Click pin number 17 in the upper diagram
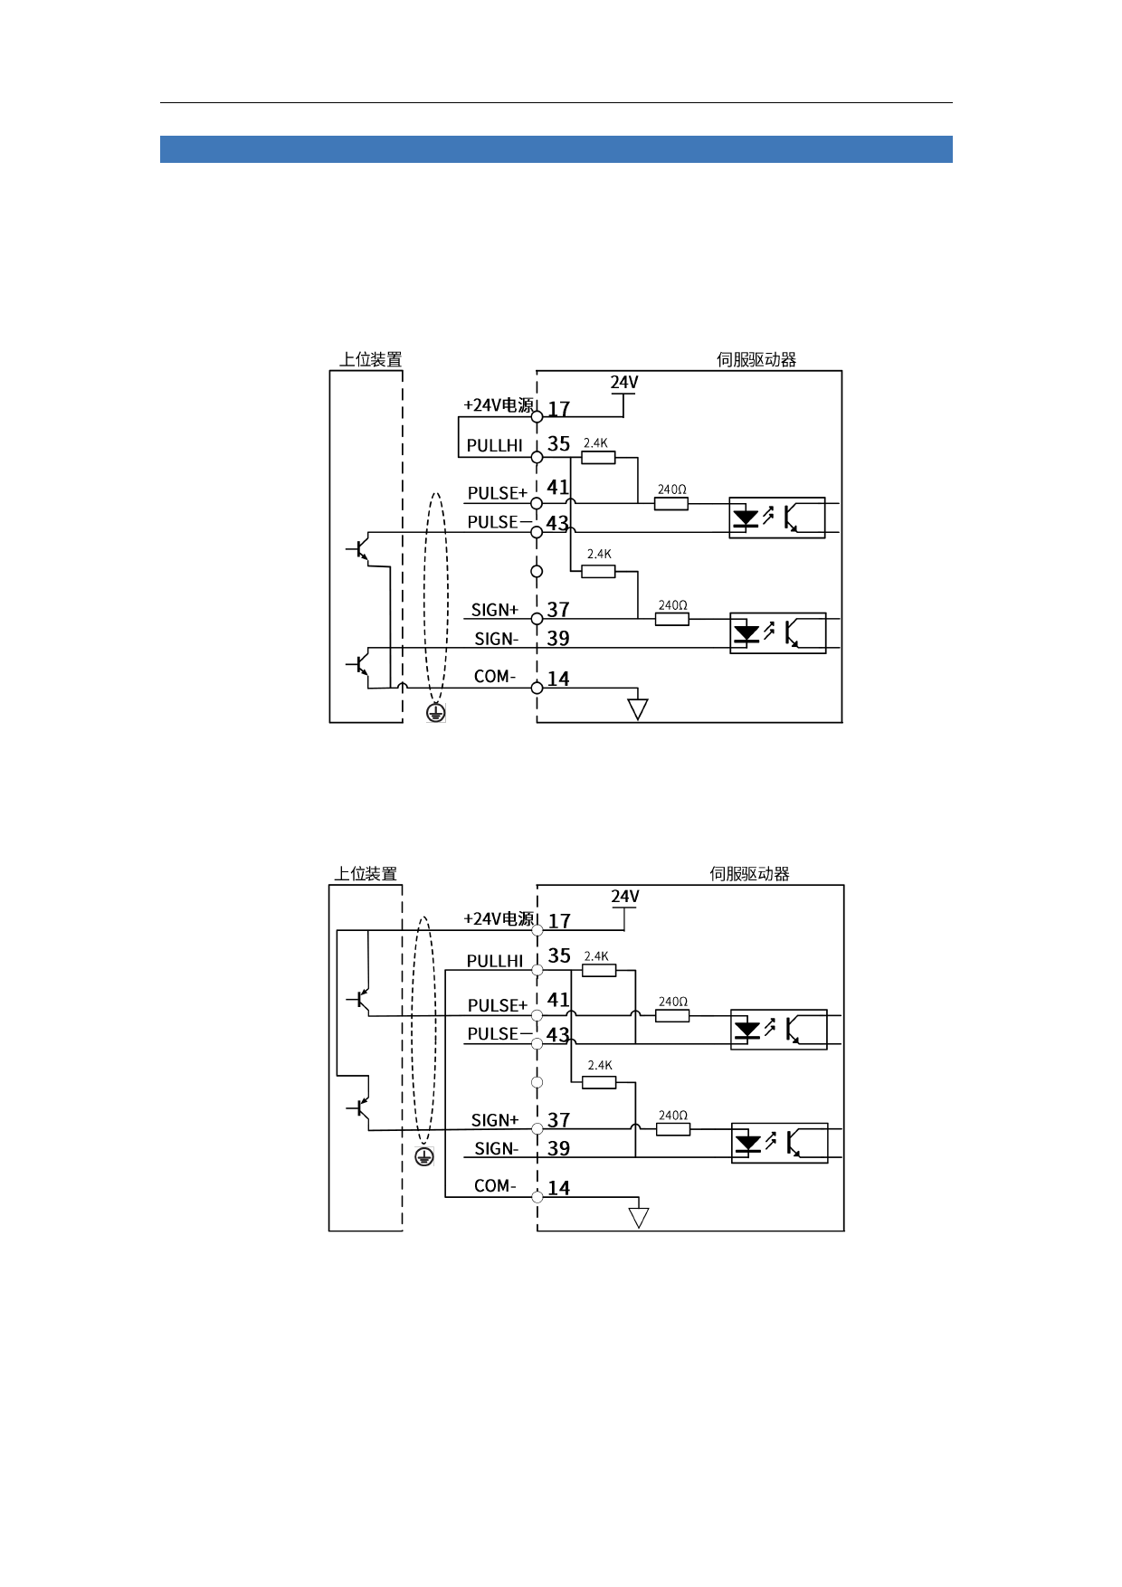559,409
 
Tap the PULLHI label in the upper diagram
494,446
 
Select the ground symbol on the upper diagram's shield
436,713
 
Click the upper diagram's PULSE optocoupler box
777,518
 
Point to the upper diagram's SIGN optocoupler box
778,633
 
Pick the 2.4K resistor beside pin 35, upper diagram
598,458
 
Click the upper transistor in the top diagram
359,549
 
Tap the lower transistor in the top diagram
359,665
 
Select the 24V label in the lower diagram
625,897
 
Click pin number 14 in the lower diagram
559,1188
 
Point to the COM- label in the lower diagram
495,1185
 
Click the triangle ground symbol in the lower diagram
639,1218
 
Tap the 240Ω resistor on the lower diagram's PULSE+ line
672,1016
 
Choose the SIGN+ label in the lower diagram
495,1120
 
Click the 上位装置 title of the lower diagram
366,874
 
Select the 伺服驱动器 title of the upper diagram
756,360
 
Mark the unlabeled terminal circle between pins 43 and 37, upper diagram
537,571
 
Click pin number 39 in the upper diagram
558,639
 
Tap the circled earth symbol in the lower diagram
424,1156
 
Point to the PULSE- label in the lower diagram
494,1034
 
